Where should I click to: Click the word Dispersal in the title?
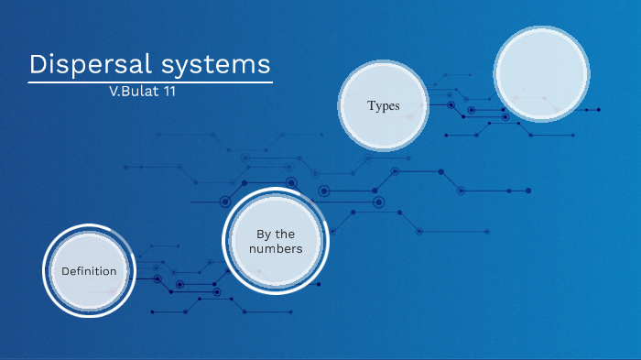(84, 64)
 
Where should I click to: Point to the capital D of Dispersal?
(38, 64)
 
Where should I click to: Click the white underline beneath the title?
(150, 83)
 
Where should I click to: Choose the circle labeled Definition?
(89, 271)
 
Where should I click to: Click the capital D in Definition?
(65, 271)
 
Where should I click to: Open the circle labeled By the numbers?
(275, 240)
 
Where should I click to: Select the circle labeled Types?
(384, 105)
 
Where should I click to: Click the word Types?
(384, 105)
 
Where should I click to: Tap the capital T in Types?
(371, 105)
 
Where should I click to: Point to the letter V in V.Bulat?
(112, 93)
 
